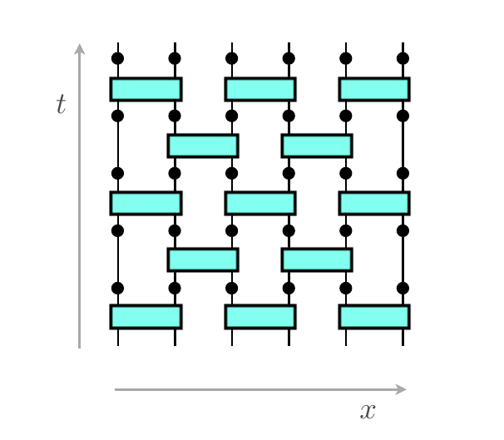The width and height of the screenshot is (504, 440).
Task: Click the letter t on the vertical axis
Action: [60, 105]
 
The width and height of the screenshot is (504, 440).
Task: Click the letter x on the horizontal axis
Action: [368, 410]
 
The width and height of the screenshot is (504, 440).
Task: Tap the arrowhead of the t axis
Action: [80, 48]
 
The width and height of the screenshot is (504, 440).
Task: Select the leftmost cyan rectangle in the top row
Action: [146, 89]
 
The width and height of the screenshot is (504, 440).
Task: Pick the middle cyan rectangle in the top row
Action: [260, 89]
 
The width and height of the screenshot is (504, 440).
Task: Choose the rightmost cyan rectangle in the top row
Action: [374, 89]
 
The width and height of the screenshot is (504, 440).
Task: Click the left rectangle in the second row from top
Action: [203, 146]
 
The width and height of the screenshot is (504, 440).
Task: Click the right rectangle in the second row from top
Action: [317, 146]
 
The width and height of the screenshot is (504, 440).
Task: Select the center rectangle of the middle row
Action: [260, 203]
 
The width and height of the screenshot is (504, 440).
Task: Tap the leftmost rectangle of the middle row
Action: [146, 203]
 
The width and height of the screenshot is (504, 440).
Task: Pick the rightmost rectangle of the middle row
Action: [374, 203]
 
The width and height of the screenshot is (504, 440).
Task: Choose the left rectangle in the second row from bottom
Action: [203, 260]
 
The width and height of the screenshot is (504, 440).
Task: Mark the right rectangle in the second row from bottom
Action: [317, 260]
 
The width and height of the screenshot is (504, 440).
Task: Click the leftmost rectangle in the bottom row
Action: [146, 317]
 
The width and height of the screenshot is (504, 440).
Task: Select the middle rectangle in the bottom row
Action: [260, 317]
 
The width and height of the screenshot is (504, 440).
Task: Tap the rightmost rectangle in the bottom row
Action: [374, 317]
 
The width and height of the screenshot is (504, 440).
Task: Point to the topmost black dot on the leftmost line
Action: [118, 58]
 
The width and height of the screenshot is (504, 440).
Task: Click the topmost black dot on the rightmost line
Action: [403, 58]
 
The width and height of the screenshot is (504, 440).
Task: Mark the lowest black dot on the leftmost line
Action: [118, 288]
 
